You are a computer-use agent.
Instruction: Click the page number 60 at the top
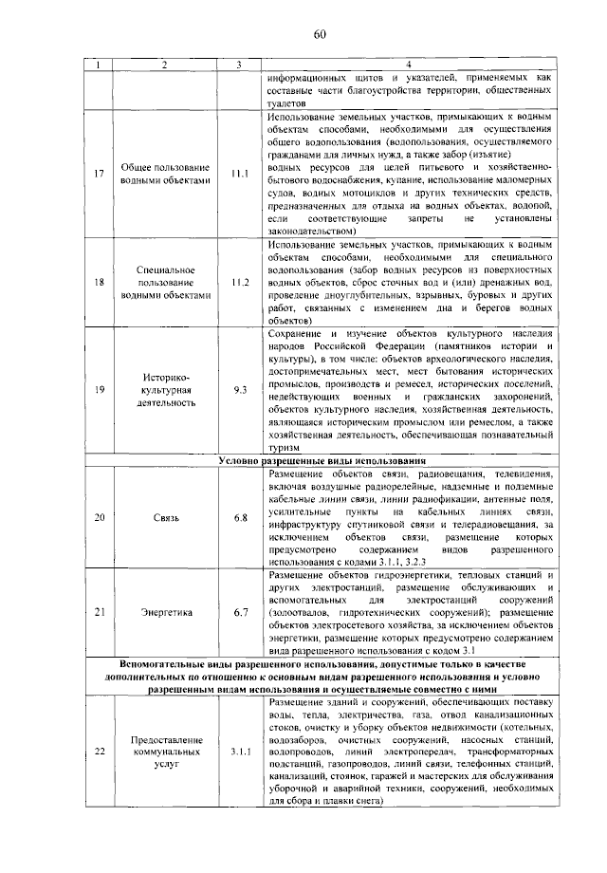320,35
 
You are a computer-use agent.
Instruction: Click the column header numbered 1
98,65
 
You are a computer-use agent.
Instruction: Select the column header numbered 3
240,65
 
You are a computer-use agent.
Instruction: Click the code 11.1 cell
240,175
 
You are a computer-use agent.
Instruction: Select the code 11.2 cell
240,282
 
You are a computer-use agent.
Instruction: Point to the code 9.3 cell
240,389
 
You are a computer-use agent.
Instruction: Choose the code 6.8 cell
240,518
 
